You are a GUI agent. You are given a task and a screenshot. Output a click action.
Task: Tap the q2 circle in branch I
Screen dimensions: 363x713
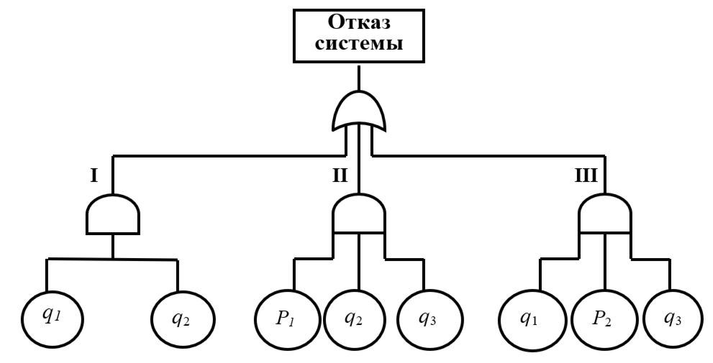[x=182, y=317]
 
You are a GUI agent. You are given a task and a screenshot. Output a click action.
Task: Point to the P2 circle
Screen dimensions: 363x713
[x=601, y=317]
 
